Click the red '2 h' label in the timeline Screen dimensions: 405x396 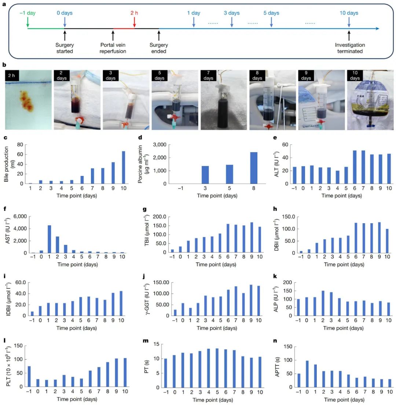pyautogui.click(x=134, y=13)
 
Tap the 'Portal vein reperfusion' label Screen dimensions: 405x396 pyautogui.click(x=113, y=48)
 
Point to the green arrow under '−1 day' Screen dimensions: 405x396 pyautogui.click(x=27, y=23)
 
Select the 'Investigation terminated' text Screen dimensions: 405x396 pyautogui.click(x=350, y=48)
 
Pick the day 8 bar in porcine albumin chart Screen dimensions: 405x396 pyautogui.click(x=254, y=168)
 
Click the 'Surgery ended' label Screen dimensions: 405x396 pyautogui.click(x=158, y=48)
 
